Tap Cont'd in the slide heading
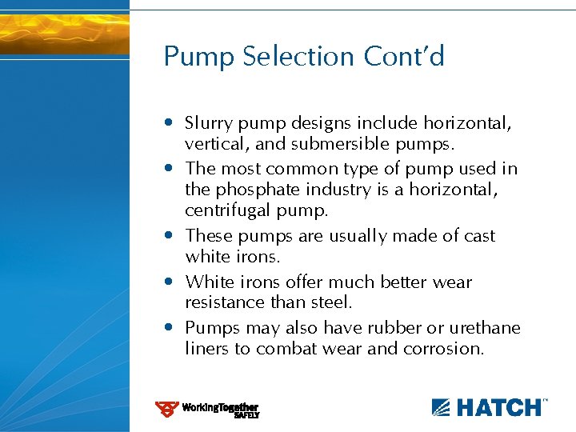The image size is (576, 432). click(404, 57)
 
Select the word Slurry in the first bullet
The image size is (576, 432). click(209, 123)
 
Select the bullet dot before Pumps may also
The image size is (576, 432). click(170, 328)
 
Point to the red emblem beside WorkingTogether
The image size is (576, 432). click(166, 409)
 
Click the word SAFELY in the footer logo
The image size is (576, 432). click(246, 415)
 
